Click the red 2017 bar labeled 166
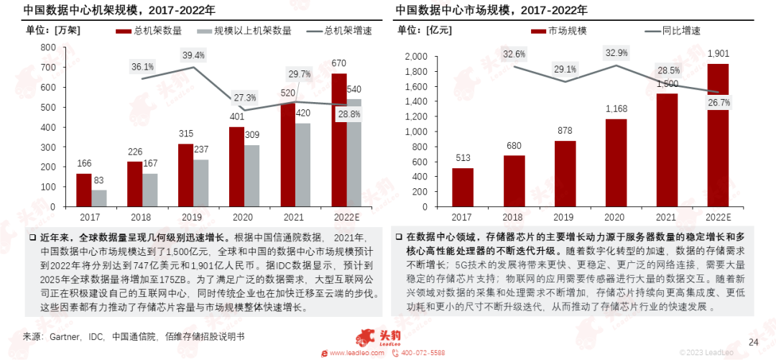tap(84, 190)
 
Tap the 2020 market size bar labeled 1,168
tap(616, 163)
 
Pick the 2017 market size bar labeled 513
tap(463, 188)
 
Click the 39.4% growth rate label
tap(193, 55)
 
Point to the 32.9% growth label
tap(616, 52)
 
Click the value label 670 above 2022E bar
tap(339, 63)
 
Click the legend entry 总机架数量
tap(151, 31)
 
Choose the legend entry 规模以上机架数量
tap(248, 31)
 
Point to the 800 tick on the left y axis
tap(49, 47)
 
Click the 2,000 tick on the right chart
tap(417, 57)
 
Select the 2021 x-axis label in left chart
tap(294, 216)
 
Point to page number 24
tap(754, 341)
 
